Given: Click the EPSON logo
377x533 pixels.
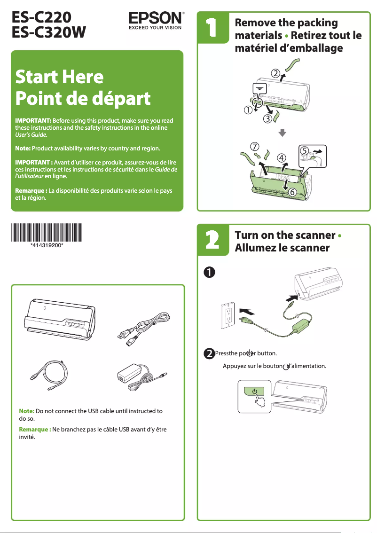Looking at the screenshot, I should (156, 19).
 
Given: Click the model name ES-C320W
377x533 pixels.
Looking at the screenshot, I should (49, 32).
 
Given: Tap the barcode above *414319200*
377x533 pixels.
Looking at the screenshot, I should (47, 233).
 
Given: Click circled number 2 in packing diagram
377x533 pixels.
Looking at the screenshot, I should (276, 73).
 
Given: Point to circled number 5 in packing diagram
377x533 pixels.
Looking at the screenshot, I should (306, 151).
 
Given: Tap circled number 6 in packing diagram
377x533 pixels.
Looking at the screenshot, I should (291, 192).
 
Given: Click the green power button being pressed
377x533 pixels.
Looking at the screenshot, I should (254, 391).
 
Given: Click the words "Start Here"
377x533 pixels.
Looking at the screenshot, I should (59, 77).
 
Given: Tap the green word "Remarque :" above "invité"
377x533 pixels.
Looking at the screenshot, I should (35, 429).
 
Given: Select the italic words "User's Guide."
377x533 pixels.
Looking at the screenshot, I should (31, 134).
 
